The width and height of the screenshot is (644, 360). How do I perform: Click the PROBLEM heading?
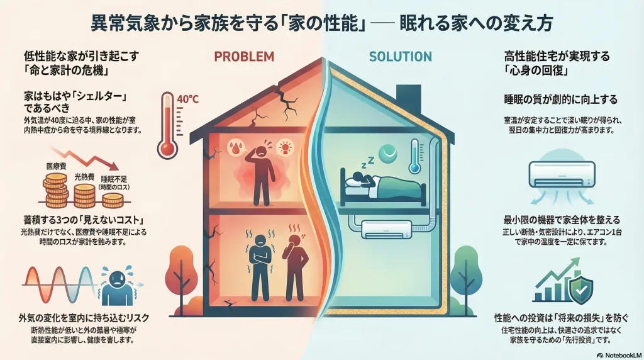tap(244, 56)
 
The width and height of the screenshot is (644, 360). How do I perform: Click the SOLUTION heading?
tap(400, 57)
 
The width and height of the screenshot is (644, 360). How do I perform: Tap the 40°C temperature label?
tap(189, 99)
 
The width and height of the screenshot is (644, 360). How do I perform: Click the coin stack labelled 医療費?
tap(55, 189)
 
